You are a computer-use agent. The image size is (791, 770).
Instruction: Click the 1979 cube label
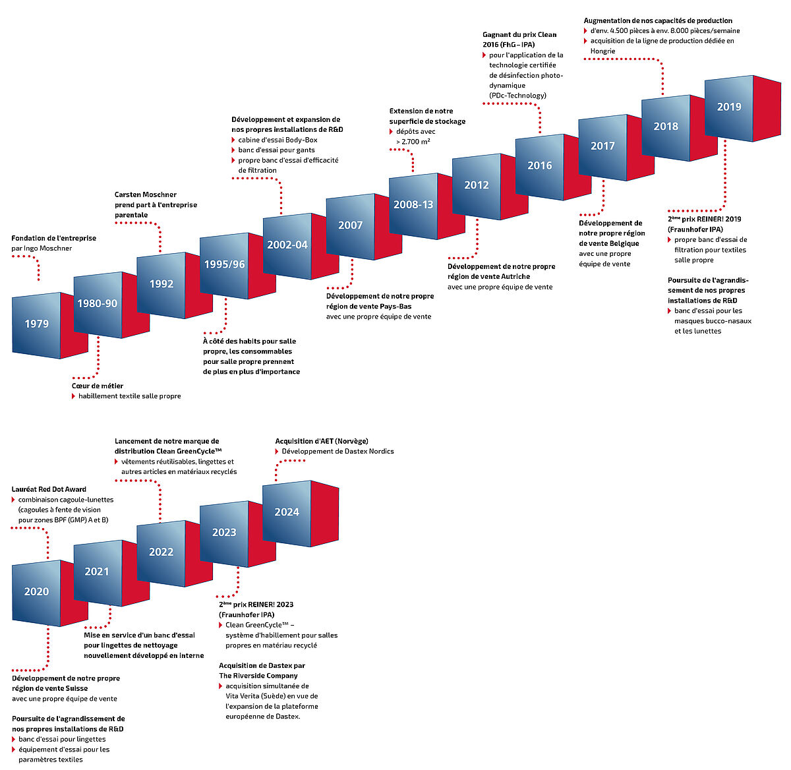[x=37, y=324]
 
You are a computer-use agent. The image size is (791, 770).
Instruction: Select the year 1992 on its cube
[x=161, y=284]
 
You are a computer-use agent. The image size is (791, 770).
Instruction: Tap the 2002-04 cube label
[x=287, y=245]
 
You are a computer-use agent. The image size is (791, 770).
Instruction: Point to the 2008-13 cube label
[x=413, y=205]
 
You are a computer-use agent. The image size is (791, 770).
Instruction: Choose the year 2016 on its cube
[x=540, y=165]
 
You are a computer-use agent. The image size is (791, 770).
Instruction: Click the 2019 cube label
[x=729, y=107]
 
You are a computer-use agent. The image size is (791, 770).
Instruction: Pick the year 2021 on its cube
[x=97, y=572]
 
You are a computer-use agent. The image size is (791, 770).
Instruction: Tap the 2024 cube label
[x=287, y=512]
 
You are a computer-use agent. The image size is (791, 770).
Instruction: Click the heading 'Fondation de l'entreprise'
[x=53, y=238]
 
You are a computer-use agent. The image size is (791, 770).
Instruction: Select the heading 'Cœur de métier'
[x=98, y=386]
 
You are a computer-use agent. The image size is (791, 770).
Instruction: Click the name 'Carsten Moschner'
[x=146, y=194]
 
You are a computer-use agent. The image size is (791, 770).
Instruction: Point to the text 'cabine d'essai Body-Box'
[x=278, y=140]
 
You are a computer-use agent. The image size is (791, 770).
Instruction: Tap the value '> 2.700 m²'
[x=413, y=142]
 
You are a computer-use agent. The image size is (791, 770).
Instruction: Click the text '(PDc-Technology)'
[x=517, y=96]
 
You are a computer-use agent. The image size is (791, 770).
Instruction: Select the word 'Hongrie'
[x=602, y=51]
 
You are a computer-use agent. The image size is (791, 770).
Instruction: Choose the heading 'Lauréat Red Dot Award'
[x=49, y=489]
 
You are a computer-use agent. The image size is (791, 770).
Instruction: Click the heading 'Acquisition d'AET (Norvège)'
[x=322, y=441]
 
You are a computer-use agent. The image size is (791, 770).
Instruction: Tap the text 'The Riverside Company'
[x=258, y=676]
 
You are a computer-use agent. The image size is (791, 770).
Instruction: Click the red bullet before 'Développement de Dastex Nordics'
[x=277, y=452]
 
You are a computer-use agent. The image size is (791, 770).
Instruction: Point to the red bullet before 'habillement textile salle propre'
[x=74, y=396]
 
